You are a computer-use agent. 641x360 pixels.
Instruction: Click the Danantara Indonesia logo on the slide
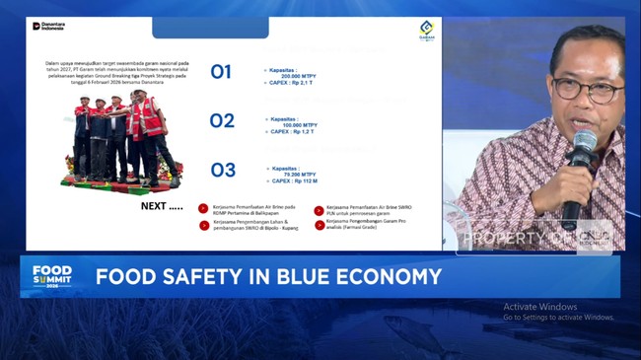49,26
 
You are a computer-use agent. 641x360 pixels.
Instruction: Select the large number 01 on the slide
221,72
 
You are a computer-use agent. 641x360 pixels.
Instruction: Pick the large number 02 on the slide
222,121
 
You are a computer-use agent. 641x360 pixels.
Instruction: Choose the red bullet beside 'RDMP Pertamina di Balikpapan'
203,208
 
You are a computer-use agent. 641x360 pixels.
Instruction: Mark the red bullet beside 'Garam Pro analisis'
319,225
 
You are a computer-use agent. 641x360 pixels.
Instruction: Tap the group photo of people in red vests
119,138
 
